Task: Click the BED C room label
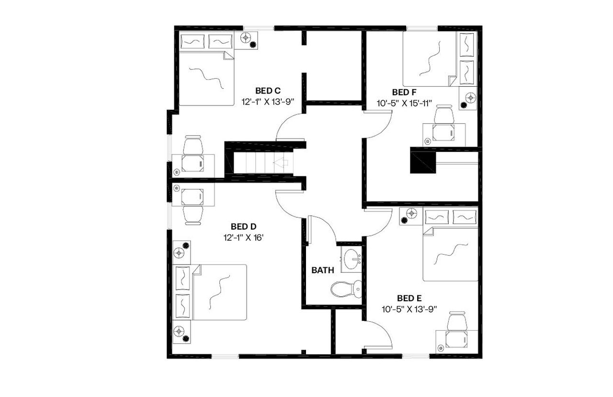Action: click(267, 91)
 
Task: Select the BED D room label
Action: click(244, 226)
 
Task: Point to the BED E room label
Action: click(410, 298)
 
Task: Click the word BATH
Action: click(323, 270)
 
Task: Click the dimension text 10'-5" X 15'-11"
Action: click(405, 103)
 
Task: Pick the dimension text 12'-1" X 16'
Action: click(244, 237)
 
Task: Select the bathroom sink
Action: click(352, 259)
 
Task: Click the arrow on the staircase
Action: click(280, 163)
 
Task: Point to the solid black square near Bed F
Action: click(422, 161)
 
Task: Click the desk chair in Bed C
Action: click(193, 145)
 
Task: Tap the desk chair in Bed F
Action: click(444, 115)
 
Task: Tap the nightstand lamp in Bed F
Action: click(470, 98)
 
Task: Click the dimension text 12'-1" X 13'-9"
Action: click(267, 102)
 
